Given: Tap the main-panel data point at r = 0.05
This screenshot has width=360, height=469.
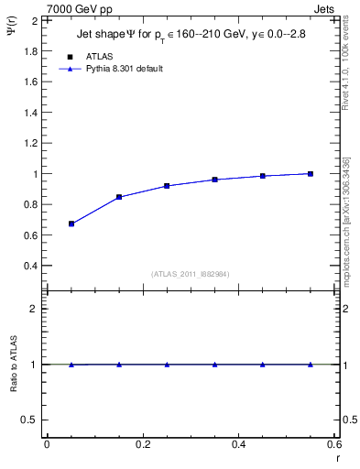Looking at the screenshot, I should pos(71,224).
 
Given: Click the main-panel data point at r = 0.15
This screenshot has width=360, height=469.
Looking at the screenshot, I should pos(119,197).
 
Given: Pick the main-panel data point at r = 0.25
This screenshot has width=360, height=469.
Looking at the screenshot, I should pos(167,186).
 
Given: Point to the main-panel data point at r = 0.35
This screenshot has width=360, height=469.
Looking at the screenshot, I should pos(214,180).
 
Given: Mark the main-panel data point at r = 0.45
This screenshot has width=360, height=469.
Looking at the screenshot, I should pos(263,176).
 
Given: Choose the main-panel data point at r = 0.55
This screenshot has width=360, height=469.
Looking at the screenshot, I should pos(311,174).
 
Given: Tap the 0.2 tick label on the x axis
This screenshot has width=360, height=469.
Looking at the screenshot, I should pos(142,444).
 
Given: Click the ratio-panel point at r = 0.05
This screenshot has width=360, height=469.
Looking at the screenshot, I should pos(71,365).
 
